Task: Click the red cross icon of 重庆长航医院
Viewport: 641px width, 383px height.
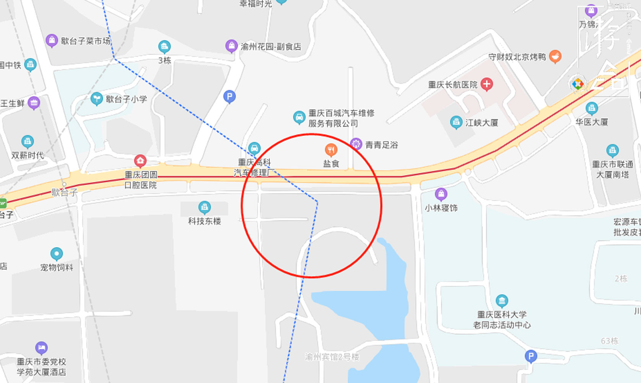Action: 486,84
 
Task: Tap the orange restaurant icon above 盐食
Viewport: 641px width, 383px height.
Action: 331,150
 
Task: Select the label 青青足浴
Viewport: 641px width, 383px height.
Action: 381,145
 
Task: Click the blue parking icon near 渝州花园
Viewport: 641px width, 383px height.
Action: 229,97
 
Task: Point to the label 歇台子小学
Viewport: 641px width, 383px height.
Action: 126,99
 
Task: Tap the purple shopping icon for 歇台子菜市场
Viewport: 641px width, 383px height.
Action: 52,40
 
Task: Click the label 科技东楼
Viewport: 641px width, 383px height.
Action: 204,221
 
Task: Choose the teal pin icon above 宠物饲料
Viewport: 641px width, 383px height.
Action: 57,254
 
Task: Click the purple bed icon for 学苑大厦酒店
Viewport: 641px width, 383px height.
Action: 41,348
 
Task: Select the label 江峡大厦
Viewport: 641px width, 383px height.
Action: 482,123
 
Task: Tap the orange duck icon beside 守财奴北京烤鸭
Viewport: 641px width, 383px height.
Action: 555,57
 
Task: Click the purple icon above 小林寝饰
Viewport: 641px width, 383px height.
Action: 441,194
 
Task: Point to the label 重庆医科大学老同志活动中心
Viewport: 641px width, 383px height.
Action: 502,320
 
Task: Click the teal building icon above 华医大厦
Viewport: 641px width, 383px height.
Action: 591,108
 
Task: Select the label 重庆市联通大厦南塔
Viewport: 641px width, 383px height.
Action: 612,169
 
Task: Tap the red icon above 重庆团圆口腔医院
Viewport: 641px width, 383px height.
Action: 140,161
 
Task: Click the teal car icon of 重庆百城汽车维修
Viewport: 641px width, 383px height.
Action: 299,117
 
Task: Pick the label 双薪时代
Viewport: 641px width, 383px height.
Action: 28,155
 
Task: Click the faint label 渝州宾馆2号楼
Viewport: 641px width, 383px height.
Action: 332,357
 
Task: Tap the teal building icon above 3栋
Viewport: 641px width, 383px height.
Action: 164,47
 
